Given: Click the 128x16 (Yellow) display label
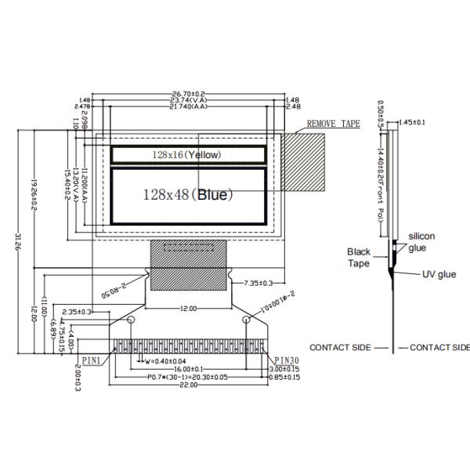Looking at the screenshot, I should point(186,155).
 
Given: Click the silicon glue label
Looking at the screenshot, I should point(421,241).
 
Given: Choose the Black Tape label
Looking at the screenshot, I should point(359,258).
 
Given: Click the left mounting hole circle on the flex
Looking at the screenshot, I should point(131,320).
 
